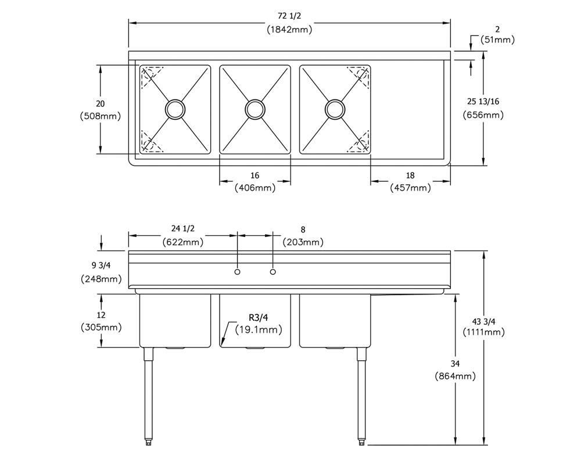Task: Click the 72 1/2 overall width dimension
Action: tap(289, 16)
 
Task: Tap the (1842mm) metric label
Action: tap(289, 29)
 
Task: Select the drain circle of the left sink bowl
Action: tap(175, 109)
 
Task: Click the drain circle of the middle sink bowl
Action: tap(255, 109)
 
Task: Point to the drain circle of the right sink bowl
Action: tap(335, 109)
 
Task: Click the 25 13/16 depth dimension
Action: tap(483, 102)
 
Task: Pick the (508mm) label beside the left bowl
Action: tap(101, 116)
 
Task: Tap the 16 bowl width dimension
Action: tap(255, 175)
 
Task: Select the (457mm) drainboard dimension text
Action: tap(411, 188)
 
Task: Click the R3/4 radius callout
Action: tap(259, 317)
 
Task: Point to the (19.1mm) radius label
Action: tap(259, 329)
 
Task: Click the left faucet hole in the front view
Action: tap(238, 272)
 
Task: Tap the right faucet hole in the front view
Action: tap(273, 272)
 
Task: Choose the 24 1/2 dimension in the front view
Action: tap(182, 229)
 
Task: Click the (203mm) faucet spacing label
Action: tap(303, 242)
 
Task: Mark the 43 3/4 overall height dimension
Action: tap(484, 321)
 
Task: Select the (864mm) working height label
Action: tap(455, 377)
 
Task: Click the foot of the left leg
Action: tap(149, 442)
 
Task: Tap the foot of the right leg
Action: tap(361, 442)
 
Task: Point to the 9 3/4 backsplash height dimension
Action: tap(101, 266)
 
